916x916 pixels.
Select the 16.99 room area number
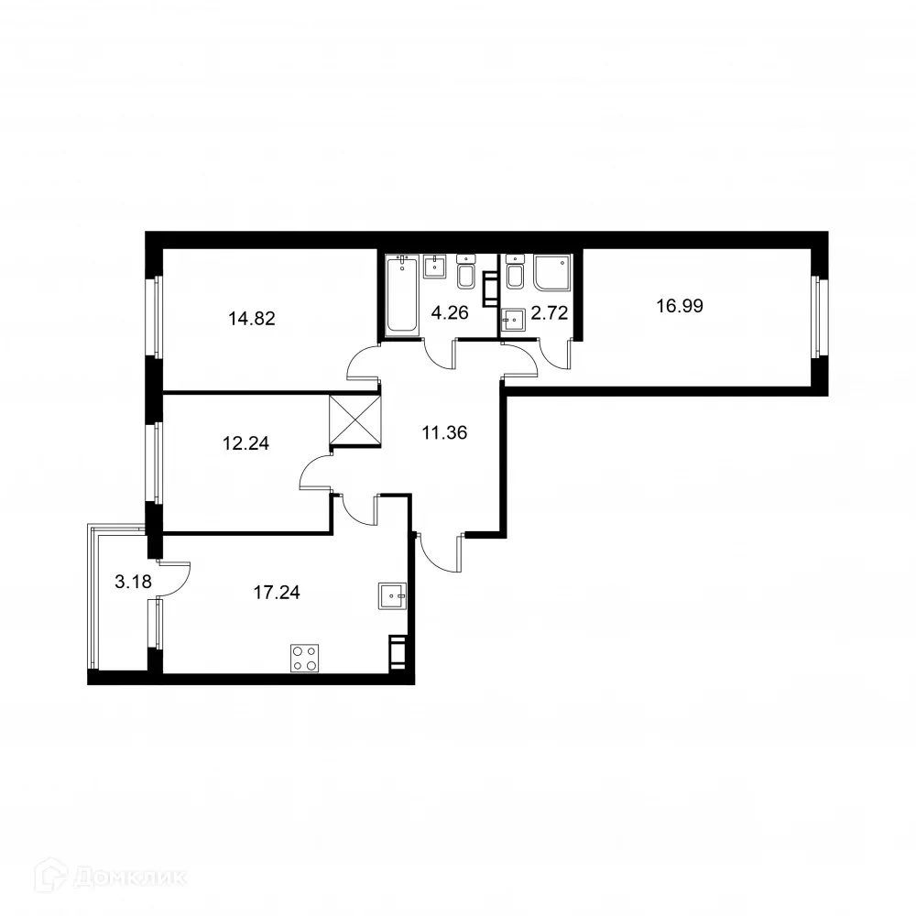(680, 306)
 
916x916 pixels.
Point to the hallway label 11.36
(444, 432)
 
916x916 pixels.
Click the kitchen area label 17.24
(277, 592)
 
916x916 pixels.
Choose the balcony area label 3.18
(133, 580)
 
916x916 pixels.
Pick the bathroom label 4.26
(450, 313)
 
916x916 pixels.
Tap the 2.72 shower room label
(551, 313)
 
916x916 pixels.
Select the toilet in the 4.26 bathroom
(464, 273)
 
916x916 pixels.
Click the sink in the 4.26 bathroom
(434, 267)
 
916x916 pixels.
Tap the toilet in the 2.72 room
(515, 273)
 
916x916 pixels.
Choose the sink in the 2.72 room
(515, 319)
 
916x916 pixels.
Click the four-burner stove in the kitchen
(305, 658)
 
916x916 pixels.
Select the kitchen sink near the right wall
(391, 595)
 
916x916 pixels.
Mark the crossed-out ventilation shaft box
(354, 420)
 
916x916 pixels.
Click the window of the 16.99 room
(821, 319)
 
